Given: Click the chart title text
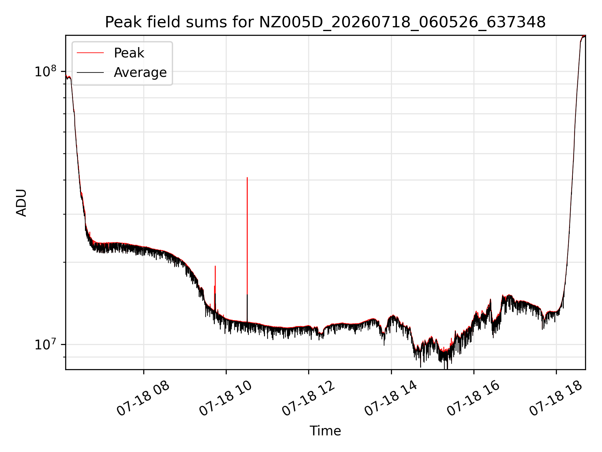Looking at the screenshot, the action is pyautogui.click(x=325, y=22).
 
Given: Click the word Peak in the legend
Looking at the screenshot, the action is pyautogui.click(x=129, y=53).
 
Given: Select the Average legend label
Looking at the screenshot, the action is pyautogui.click(x=140, y=73).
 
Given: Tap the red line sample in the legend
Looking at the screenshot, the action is pyautogui.click(x=90, y=53).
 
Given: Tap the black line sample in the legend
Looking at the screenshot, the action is pyautogui.click(x=90, y=73).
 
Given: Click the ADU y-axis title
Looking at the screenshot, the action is pyautogui.click(x=21, y=203).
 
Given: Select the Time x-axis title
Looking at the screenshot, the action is pyautogui.click(x=325, y=431).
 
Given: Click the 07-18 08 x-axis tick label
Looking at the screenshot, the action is pyautogui.click(x=143, y=399).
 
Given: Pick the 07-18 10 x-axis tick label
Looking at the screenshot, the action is pyautogui.click(x=226, y=399).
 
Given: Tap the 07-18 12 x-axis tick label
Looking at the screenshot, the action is pyautogui.click(x=309, y=399).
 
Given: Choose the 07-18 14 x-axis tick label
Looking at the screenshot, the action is pyautogui.click(x=391, y=399).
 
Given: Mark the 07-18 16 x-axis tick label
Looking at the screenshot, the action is pyautogui.click(x=473, y=399).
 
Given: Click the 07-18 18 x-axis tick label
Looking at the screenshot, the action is pyautogui.click(x=556, y=399).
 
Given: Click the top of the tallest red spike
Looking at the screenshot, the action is pyautogui.click(x=247, y=178).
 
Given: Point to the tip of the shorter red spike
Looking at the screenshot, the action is pyautogui.click(x=215, y=266).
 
